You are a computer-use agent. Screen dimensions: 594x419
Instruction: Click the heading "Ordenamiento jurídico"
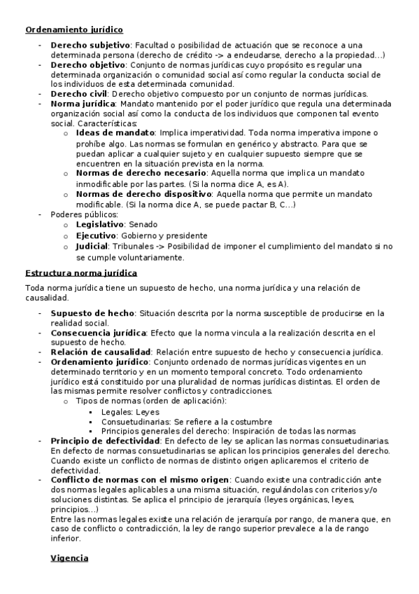(73, 29)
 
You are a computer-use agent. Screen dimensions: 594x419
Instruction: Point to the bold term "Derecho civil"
(78, 93)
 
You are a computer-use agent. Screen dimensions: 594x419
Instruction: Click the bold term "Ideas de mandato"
(115, 132)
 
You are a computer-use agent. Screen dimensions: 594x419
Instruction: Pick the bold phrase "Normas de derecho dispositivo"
(143, 194)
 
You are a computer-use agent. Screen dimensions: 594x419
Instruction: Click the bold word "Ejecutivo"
(96, 235)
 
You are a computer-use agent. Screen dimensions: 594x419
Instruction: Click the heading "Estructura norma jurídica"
(81, 272)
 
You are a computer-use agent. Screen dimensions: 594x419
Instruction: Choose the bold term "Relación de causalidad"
(101, 352)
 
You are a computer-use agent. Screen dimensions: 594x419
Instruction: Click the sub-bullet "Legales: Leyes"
(130, 412)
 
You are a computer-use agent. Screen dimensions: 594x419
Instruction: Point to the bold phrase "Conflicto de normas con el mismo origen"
(139, 480)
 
